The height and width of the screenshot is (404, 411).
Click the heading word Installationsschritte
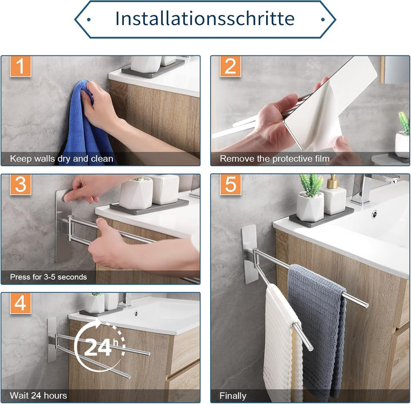pos(205,18)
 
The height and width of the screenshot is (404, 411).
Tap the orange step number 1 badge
pos(21,66)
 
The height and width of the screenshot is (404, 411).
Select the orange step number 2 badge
pos(231,66)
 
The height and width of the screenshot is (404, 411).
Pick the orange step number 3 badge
pos(21,185)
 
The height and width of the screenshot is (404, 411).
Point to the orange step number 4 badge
pos(21,303)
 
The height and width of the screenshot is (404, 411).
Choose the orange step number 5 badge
pos(231,185)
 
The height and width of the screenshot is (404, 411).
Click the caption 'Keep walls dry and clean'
pos(62,159)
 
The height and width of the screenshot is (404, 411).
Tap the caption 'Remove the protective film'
pos(275,159)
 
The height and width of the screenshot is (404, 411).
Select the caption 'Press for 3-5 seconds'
pos(49,277)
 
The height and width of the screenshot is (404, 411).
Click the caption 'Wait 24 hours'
pos(38,395)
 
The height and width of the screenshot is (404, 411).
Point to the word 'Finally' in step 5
pos(233,395)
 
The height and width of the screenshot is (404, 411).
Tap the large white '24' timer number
pos(98,347)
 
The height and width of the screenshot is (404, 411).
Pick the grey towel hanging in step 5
pos(317,328)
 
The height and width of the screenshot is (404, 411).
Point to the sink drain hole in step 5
pos(375,214)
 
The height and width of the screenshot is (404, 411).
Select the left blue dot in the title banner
pos(88,19)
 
